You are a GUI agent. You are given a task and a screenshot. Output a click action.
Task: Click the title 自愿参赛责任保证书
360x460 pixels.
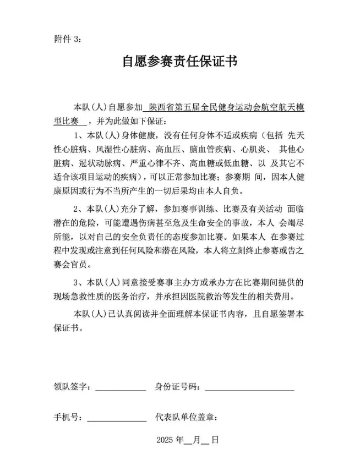(x=179, y=61)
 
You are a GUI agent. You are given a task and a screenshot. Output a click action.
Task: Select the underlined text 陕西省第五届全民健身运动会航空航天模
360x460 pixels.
(x=223, y=107)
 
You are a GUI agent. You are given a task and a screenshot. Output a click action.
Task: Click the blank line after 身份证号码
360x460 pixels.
(x=249, y=387)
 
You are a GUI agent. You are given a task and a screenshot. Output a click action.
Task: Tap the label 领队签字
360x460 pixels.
(x=72, y=387)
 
